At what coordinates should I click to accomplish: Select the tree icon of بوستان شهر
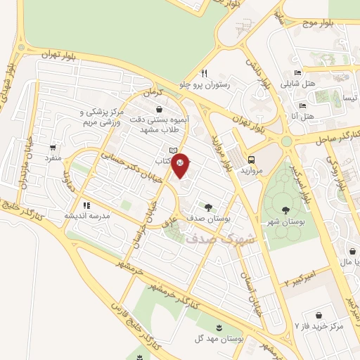coord(285,210)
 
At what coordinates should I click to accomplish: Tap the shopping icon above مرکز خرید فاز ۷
coord(320,315)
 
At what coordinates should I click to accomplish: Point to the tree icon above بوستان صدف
coord(208,206)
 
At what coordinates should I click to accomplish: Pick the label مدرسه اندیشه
coord(88,216)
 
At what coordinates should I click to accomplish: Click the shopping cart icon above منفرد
coord(53,148)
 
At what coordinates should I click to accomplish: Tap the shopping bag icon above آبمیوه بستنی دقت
coord(160,110)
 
